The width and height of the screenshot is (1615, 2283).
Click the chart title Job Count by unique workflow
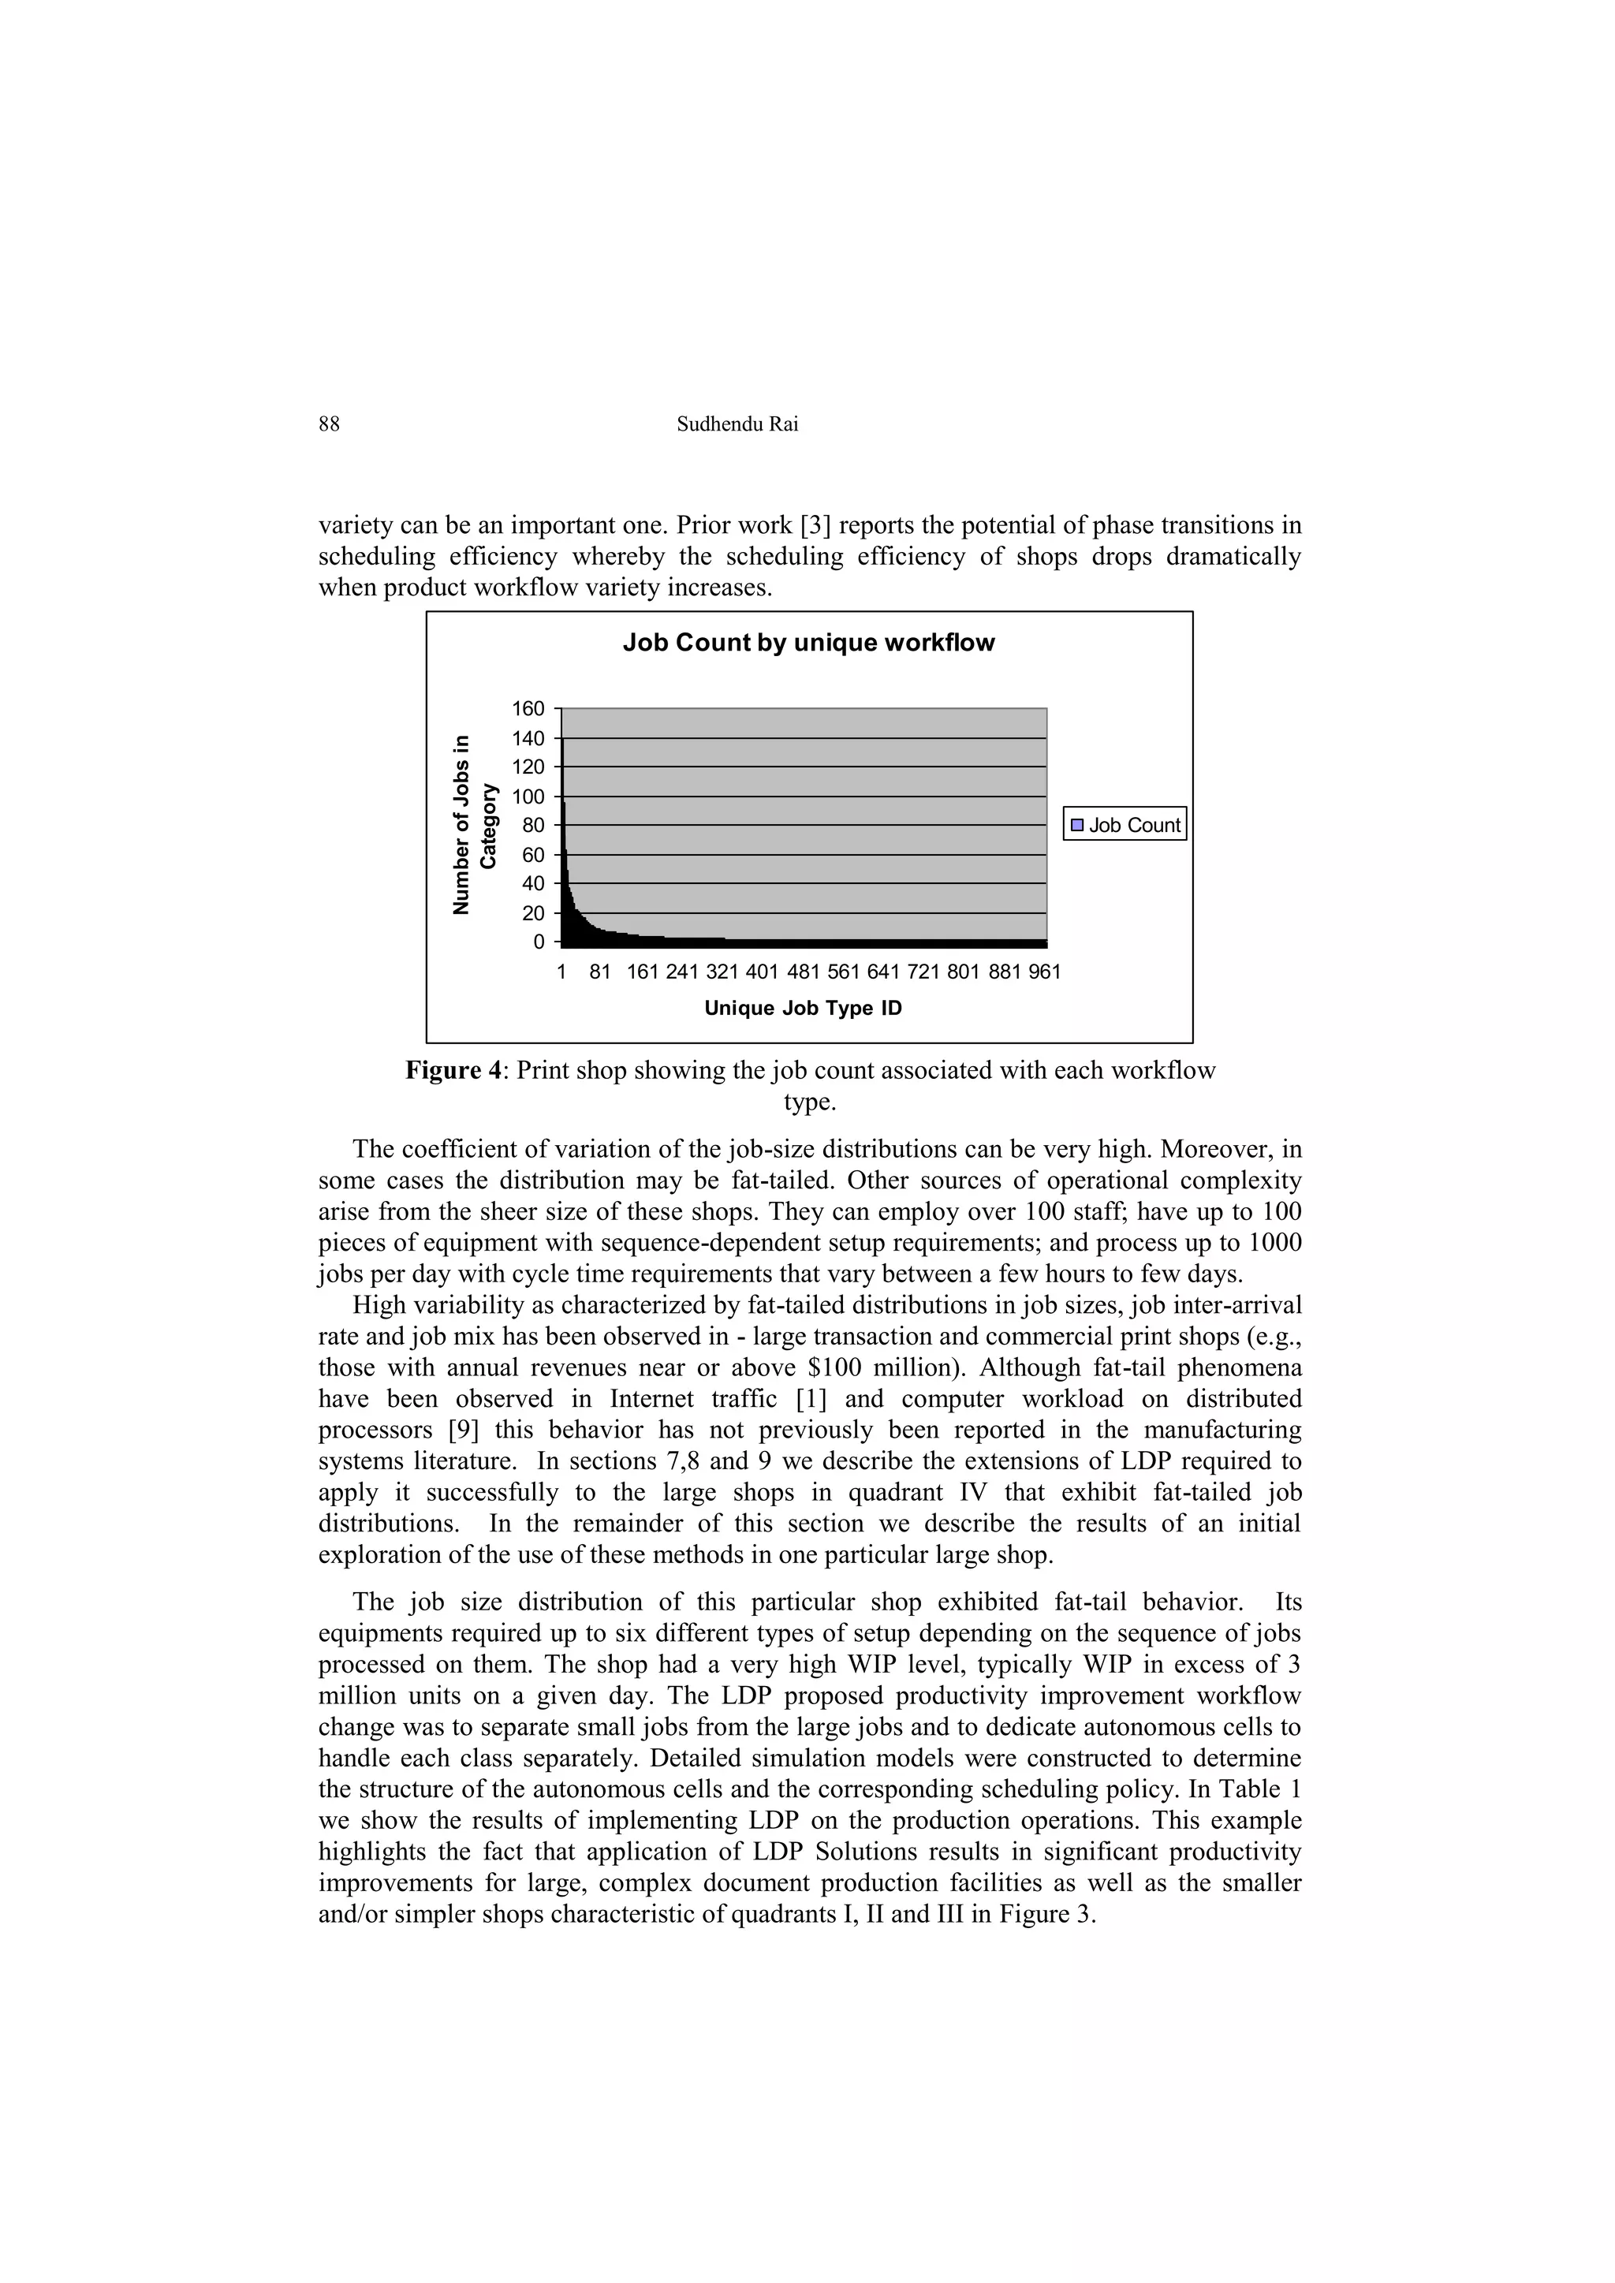pyautogui.click(x=807, y=643)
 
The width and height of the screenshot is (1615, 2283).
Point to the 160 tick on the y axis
pyautogui.click(x=528, y=709)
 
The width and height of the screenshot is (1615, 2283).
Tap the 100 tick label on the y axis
pyautogui.click(x=528, y=796)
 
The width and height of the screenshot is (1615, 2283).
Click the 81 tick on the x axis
pyautogui.click(x=599, y=972)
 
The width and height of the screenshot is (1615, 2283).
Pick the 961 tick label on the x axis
pyautogui.click(x=1043, y=972)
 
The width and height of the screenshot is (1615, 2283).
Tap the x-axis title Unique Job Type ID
pyautogui.click(x=803, y=1009)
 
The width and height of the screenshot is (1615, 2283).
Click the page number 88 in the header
pyautogui.click(x=329, y=424)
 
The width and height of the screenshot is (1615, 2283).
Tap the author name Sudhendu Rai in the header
pyautogui.click(x=737, y=424)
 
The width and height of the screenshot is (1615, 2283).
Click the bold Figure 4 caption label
pyautogui.click(x=456, y=1071)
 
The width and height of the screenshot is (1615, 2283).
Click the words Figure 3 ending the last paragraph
pyautogui.click(x=1053, y=1914)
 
